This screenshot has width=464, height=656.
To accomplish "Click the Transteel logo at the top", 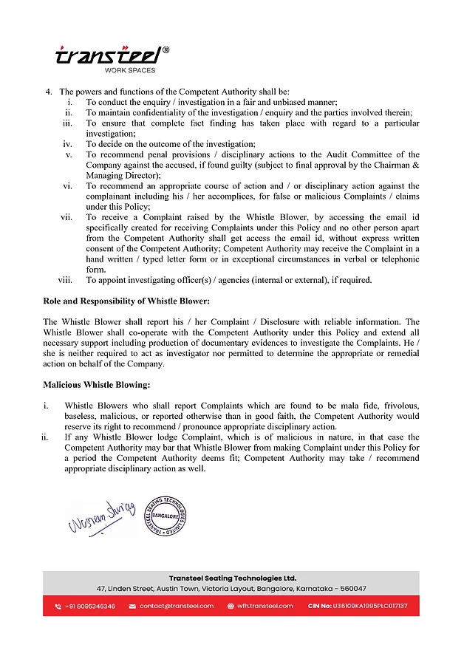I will click(109, 56).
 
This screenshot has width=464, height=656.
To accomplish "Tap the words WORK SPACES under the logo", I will click(130, 70).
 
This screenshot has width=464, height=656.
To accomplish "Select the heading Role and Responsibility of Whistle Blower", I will click(126, 301).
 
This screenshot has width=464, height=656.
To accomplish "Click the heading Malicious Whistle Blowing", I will click(96, 385).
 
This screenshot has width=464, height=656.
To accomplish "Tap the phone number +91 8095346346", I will click(89, 606).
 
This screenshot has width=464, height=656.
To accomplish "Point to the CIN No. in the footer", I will click(357, 606).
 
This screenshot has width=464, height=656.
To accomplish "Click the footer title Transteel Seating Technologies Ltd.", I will click(232, 578).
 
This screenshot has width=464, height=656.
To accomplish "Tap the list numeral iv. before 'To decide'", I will click(67, 144).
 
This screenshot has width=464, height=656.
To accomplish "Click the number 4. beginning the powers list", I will click(49, 91).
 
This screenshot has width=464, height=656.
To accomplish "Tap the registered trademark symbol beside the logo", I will click(166, 50).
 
